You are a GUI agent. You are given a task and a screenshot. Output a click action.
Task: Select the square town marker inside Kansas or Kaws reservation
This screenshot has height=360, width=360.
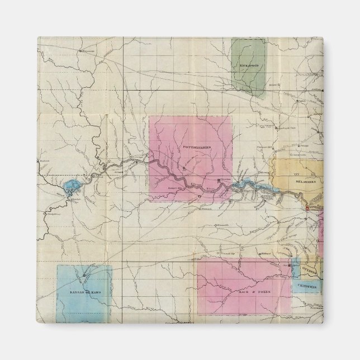84,276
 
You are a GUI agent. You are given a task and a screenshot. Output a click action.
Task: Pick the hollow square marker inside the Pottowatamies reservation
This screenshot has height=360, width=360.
200,197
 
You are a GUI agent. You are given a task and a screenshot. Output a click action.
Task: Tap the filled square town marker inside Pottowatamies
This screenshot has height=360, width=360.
219,181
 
